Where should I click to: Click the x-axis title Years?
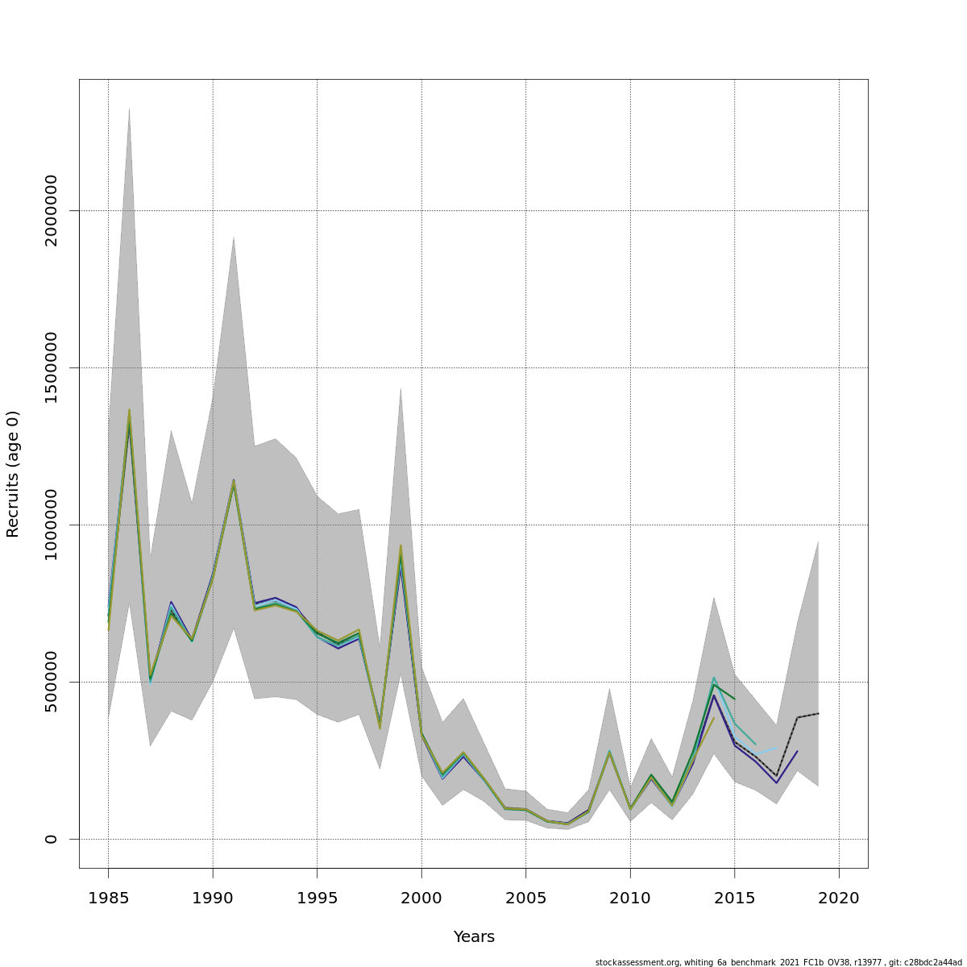474,937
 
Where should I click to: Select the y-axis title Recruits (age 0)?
13,474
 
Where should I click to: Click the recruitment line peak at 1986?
129,412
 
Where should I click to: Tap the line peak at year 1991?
234,481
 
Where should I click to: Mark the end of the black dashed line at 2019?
818,713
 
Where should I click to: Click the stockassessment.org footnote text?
778,962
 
